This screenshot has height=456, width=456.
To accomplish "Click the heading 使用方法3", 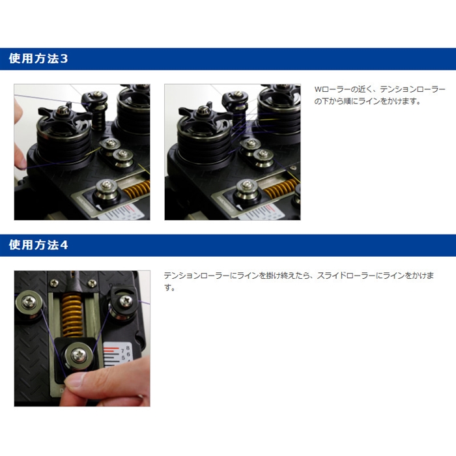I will (38, 59).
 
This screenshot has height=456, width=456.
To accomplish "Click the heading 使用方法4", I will (38, 246).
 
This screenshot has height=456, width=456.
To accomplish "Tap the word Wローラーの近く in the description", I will (342, 89).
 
